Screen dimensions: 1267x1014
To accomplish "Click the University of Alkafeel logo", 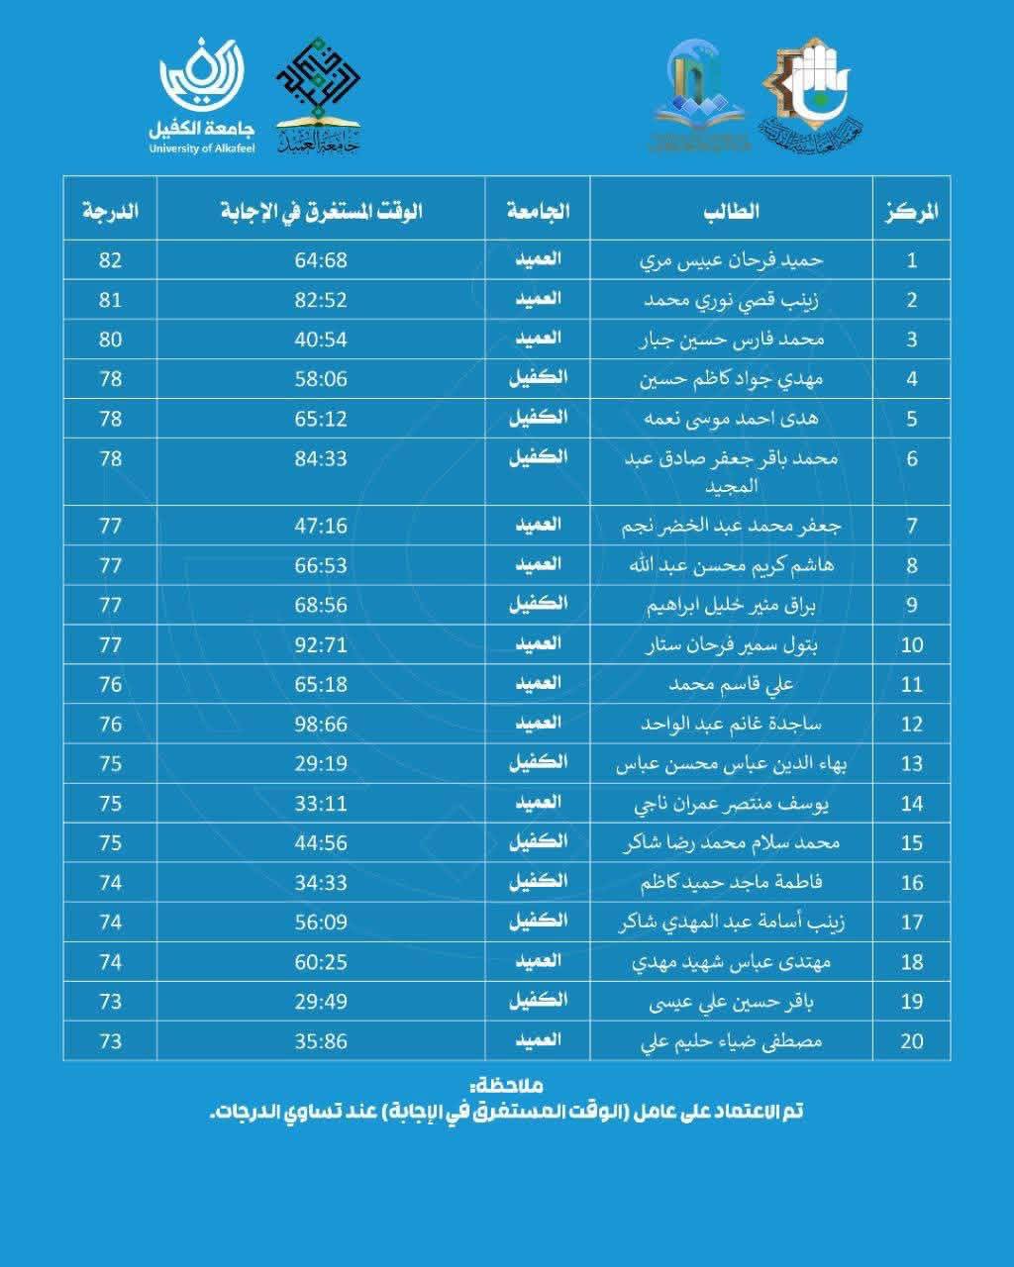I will tap(201, 95).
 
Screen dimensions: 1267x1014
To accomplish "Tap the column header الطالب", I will tap(731, 210).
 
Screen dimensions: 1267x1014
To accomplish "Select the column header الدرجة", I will tap(110, 210).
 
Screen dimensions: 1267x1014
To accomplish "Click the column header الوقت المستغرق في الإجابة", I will tap(322, 210).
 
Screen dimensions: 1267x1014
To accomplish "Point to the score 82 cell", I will tap(110, 260).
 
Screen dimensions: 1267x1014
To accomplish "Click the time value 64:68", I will tap(321, 260).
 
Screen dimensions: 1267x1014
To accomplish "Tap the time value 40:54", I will tap(321, 340).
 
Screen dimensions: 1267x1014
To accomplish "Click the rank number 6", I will tap(912, 458).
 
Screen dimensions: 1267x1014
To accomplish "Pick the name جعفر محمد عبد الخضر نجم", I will tap(731, 526).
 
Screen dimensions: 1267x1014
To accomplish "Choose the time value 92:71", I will tap(321, 644).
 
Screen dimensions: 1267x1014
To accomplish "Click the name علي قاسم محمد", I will tap(731, 684).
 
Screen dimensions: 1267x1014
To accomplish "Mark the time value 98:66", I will tap(321, 724).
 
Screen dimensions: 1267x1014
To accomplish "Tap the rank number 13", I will tap(912, 763).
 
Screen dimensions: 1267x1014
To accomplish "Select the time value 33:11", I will tap(321, 803).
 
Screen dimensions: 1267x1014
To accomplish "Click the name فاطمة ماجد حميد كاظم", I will tap(731, 882).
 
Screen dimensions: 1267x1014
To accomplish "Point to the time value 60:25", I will tap(321, 961).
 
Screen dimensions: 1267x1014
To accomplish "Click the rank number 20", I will tap(912, 1040).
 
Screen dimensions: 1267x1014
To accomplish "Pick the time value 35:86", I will tap(321, 1040).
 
